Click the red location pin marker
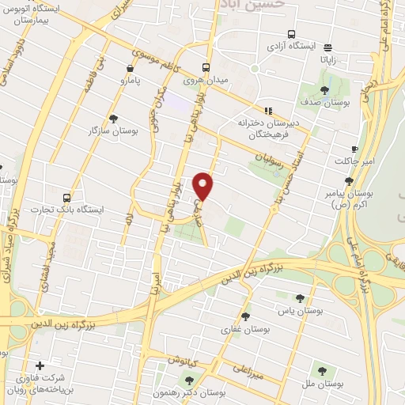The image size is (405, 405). click(205, 187)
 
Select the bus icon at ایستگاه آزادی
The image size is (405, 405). click(292, 34)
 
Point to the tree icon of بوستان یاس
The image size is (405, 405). click(300, 298)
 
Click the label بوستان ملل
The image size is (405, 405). click(321, 384)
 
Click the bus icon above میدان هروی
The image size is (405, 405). click(205, 67)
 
